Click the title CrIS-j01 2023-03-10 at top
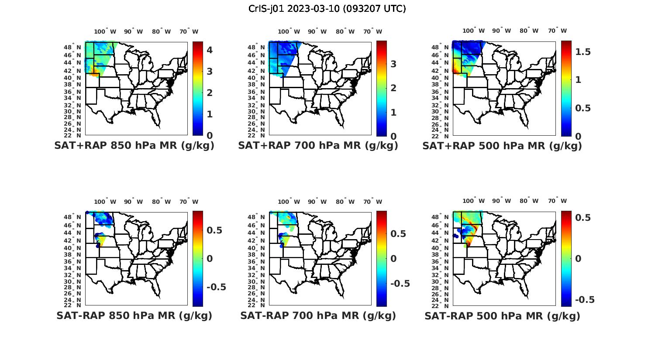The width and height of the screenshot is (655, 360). [x=327, y=9]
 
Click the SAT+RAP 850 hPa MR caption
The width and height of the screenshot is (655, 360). [x=134, y=146]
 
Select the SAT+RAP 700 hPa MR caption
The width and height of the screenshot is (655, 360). [x=318, y=146]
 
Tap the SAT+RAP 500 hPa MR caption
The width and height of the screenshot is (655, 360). [x=502, y=146]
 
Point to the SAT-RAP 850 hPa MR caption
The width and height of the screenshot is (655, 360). [x=134, y=315]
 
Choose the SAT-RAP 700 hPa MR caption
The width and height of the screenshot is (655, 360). [x=318, y=315]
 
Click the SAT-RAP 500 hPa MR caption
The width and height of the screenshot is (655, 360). [x=502, y=316]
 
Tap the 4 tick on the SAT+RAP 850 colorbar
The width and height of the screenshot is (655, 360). [x=210, y=50]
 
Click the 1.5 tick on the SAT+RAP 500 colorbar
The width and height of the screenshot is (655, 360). [x=583, y=52]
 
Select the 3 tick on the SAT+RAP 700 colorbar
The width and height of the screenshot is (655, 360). [x=393, y=64]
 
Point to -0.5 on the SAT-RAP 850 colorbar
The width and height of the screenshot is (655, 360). [x=216, y=287]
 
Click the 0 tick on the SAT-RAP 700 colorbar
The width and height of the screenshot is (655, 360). [x=393, y=258]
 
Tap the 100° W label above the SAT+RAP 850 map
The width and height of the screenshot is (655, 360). [x=105, y=31]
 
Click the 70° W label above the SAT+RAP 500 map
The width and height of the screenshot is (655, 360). [x=558, y=31]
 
